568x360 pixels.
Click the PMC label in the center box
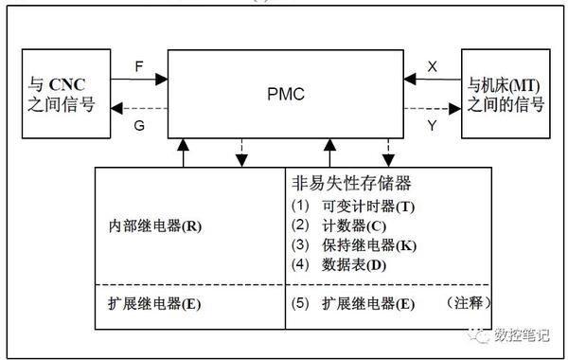[x=283, y=95]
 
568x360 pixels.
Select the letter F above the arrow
[x=139, y=68]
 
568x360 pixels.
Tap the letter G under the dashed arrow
[x=139, y=124]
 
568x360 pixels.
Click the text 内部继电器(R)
[x=155, y=228]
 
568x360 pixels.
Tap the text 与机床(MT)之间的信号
[x=506, y=94]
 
